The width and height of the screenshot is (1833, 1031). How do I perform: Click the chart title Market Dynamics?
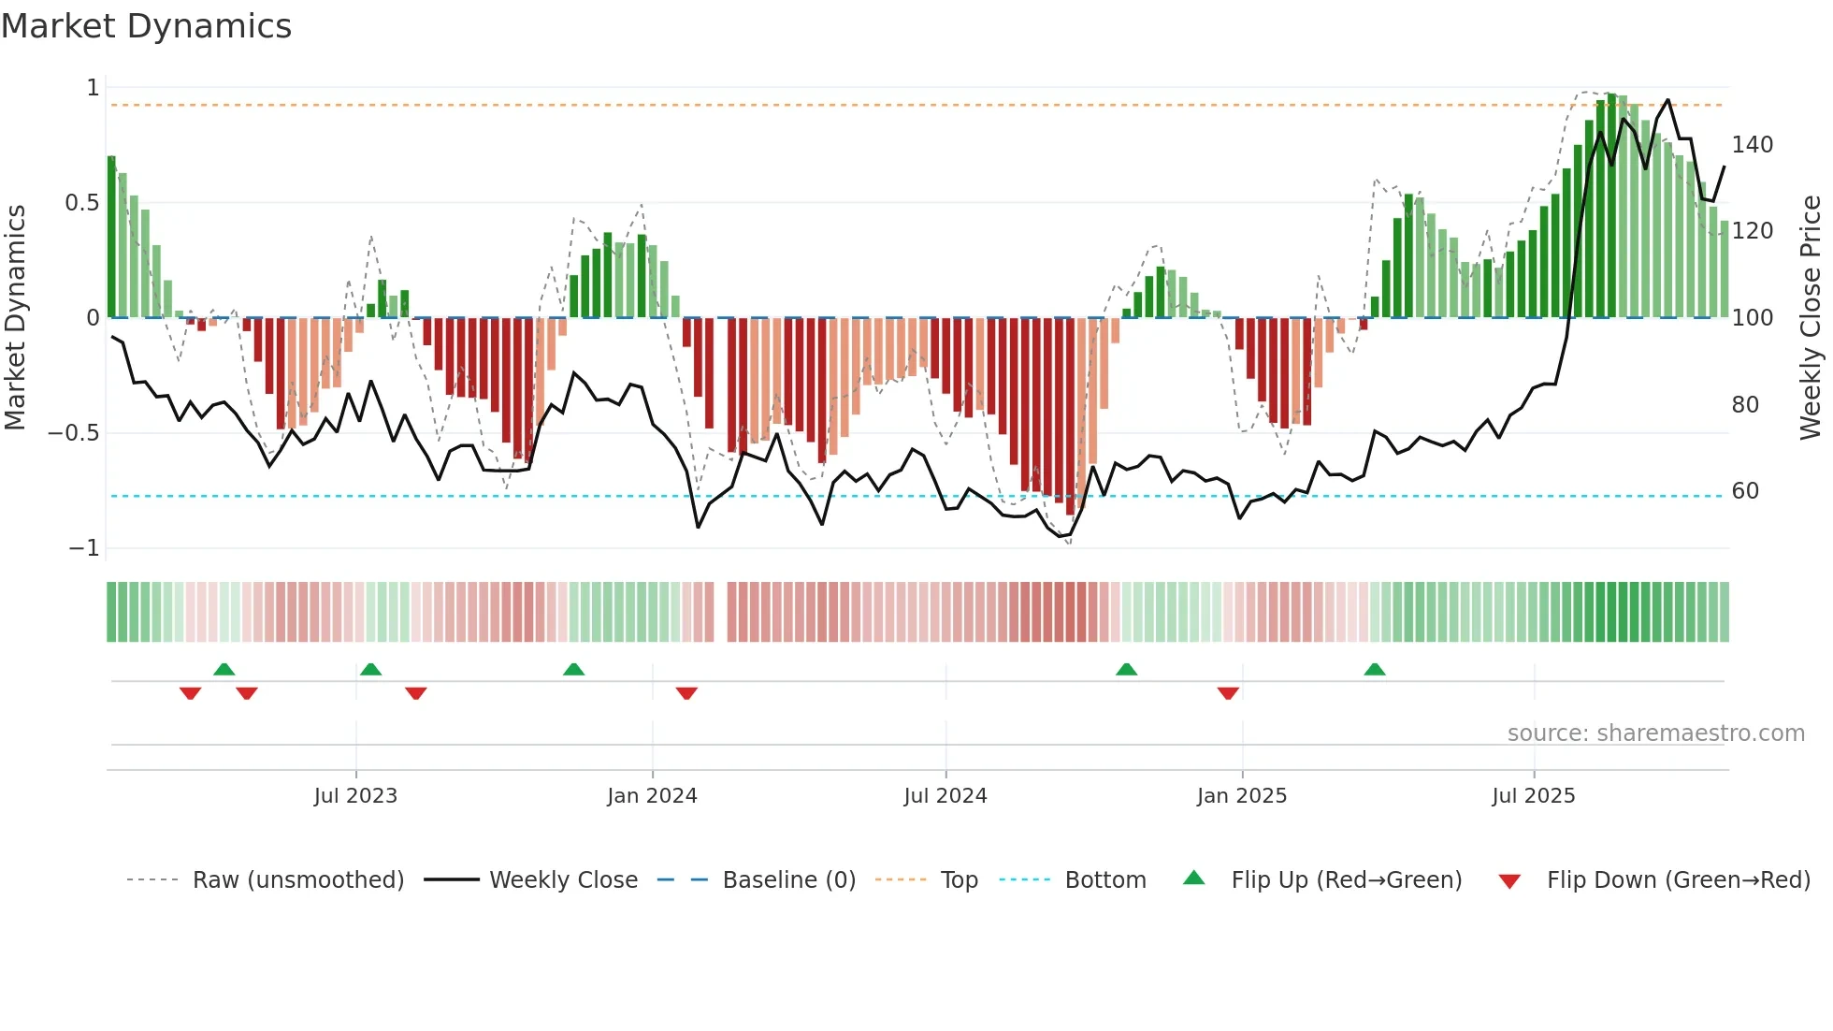(x=146, y=26)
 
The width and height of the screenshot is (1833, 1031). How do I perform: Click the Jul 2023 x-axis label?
(x=355, y=796)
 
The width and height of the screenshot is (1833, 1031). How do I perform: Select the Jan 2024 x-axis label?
(x=652, y=796)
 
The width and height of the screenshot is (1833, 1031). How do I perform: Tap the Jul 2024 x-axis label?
(x=945, y=796)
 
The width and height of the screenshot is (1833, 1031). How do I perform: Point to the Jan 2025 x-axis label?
(x=1242, y=796)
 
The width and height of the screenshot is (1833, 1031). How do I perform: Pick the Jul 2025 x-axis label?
(x=1534, y=796)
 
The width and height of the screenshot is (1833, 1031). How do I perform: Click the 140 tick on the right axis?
(x=1753, y=145)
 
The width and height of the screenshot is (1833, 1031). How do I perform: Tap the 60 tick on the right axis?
(x=1745, y=491)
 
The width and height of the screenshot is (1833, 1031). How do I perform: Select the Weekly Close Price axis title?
(x=1811, y=318)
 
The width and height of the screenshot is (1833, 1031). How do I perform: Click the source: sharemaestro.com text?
(x=1655, y=733)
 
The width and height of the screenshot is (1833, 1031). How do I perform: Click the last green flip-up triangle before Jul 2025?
(x=1375, y=670)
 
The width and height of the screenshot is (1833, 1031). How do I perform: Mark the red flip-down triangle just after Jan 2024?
(x=686, y=693)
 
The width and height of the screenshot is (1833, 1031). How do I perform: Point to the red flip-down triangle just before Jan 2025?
(x=1228, y=693)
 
